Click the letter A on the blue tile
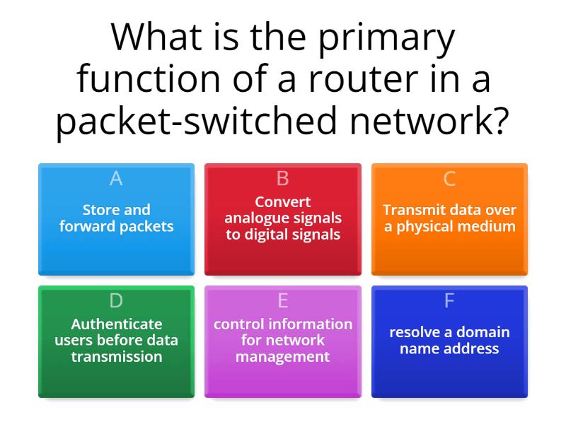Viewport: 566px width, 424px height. pos(116,179)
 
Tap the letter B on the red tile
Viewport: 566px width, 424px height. pos(283,179)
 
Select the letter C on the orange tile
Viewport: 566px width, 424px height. pos(449,179)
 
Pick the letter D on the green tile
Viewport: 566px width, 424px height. pos(116,301)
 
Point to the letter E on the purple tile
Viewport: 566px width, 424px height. pos(283,301)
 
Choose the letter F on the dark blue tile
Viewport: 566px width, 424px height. pos(449,301)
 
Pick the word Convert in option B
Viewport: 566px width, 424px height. pos(283,202)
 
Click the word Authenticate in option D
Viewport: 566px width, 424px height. pos(116,324)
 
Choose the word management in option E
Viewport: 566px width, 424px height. pos(283,357)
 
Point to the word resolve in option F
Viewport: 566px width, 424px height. pos(415,332)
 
